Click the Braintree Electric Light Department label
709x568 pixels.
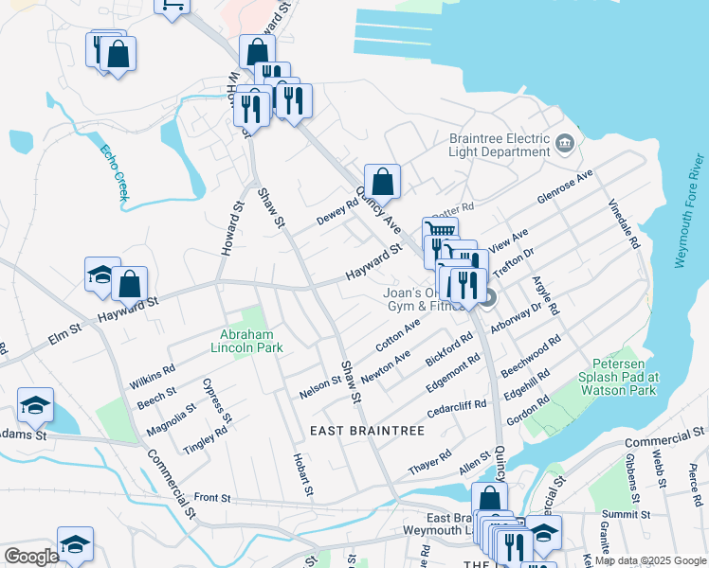click(500, 145)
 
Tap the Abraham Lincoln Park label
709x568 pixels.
click(246, 341)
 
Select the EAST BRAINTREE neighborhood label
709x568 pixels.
click(368, 431)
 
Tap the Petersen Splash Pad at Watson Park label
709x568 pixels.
click(624, 377)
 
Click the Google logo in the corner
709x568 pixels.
click(30, 557)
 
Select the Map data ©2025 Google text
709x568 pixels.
click(649, 560)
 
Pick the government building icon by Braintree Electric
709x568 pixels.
click(566, 144)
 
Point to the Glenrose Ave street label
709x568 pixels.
click(564, 186)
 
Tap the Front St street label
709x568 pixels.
click(212, 497)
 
